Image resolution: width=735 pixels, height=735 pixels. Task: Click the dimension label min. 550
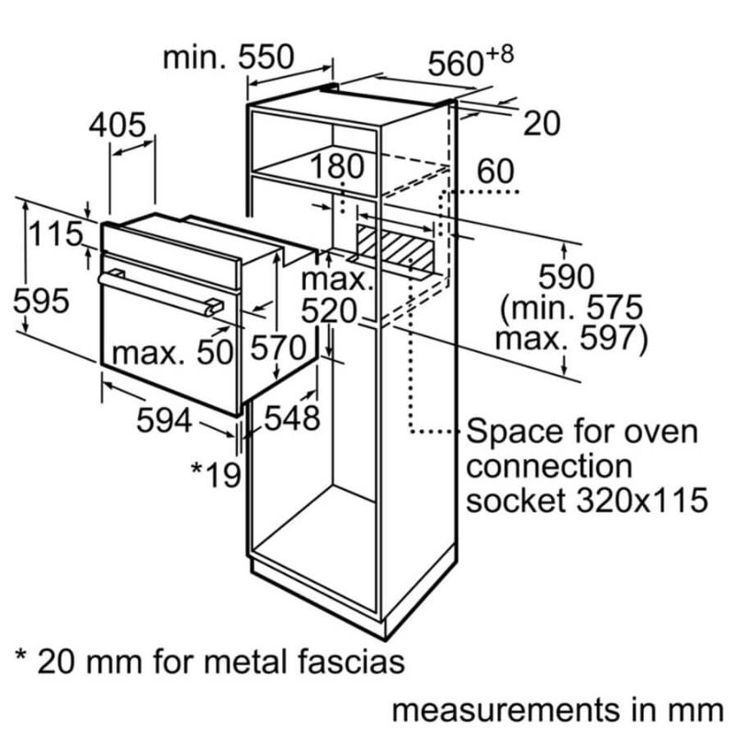coord(228,57)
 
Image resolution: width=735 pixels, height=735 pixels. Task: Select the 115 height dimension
coord(54,234)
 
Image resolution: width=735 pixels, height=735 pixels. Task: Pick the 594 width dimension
coord(164,421)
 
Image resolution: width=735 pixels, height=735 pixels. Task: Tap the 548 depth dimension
coord(292,419)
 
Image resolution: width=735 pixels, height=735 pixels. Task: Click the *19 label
coord(215,474)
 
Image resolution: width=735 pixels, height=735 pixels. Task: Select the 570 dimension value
coord(276,349)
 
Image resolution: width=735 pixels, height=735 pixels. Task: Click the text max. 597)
coord(571,338)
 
